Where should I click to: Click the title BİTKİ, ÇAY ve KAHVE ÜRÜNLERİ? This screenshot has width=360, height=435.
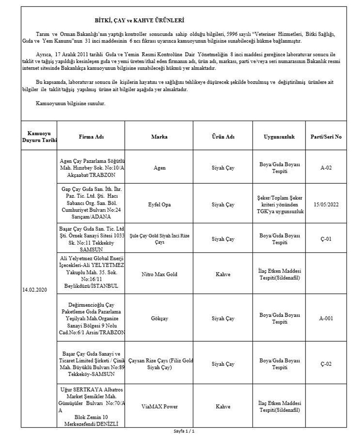pyautogui.click(x=140, y=21)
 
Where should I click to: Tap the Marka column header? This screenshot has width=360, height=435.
pyautogui.click(x=159, y=137)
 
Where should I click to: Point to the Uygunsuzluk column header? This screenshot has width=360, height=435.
pyautogui.click(x=279, y=137)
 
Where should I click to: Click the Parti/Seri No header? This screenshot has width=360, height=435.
pyautogui.click(x=326, y=137)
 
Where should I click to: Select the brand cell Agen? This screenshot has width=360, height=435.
pyautogui.click(x=159, y=167)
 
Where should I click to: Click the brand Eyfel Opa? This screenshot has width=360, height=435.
pyautogui.click(x=159, y=205)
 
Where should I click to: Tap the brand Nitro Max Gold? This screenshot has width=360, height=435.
pyautogui.click(x=159, y=275)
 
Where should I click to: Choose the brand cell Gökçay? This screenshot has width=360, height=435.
pyautogui.click(x=159, y=318)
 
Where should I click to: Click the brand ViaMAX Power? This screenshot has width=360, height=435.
pyautogui.click(x=159, y=407)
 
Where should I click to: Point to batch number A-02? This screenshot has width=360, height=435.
pyautogui.click(x=326, y=167)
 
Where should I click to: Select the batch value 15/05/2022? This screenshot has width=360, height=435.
pyautogui.click(x=326, y=205)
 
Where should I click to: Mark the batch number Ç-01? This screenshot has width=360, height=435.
pyautogui.click(x=326, y=239)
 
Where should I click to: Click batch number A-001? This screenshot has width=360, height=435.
pyautogui.click(x=326, y=318)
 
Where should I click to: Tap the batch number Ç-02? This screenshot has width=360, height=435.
pyautogui.click(x=326, y=364)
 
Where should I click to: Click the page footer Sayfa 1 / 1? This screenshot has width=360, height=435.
pyautogui.click(x=184, y=431)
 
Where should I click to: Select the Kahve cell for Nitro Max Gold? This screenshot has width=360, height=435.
pyautogui.click(x=223, y=275)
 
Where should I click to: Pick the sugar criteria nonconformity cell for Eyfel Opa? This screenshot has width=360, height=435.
pyautogui.click(x=279, y=205)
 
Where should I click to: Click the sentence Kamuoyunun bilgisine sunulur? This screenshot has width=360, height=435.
pyautogui.click(x=71, y=103)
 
